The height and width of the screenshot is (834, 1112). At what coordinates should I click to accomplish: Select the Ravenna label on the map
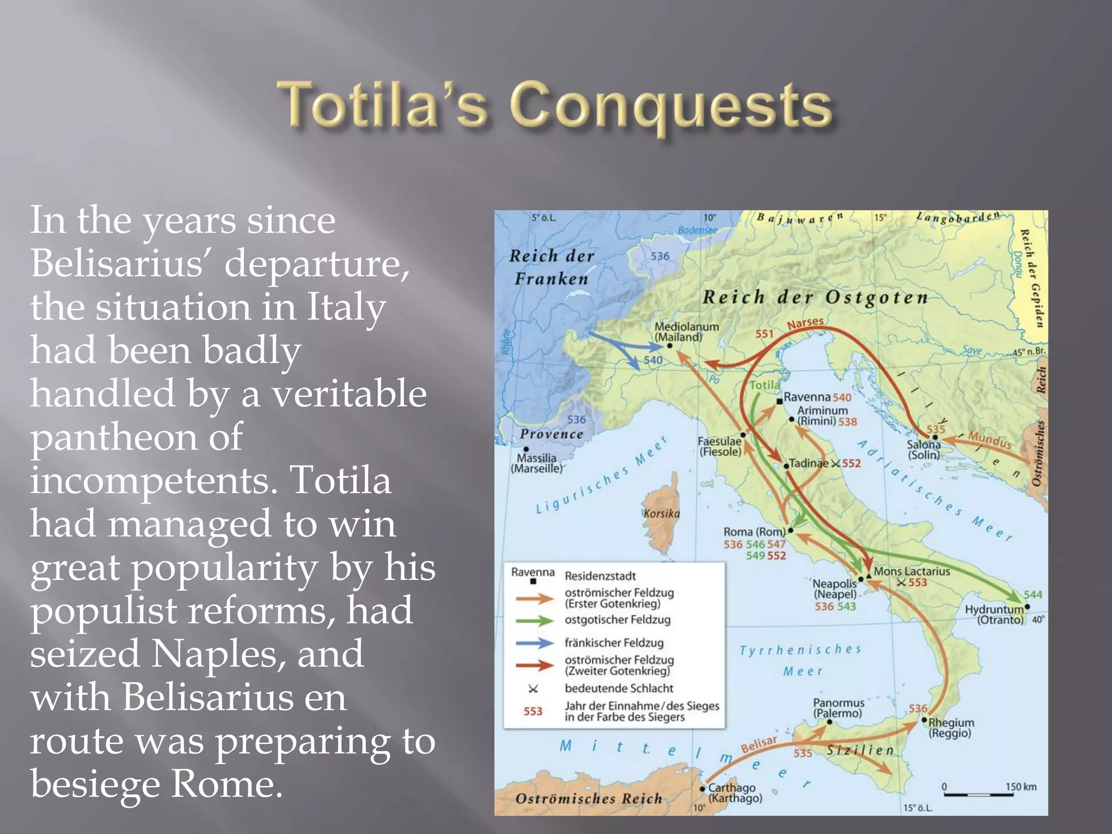806,397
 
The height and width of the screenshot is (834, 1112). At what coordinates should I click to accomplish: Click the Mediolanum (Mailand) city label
686,332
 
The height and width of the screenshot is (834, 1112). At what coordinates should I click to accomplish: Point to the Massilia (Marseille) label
536,463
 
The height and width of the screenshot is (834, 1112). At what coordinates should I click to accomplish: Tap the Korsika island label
661,514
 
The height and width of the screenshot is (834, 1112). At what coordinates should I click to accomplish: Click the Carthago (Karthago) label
734,793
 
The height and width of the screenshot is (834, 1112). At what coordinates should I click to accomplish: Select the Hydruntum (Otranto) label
994,615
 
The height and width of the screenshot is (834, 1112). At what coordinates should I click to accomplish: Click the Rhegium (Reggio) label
951,728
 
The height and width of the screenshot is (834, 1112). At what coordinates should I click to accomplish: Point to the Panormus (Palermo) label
838,708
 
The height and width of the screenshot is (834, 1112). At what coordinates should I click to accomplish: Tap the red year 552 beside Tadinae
851,464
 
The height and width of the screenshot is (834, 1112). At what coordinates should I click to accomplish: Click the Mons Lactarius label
912,572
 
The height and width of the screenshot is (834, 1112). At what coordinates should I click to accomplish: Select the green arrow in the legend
534,621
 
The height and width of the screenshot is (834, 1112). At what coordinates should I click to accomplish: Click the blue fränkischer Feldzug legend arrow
534,643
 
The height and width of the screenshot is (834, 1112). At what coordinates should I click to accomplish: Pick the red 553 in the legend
533,711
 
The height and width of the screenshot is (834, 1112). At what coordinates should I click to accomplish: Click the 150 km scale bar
978,794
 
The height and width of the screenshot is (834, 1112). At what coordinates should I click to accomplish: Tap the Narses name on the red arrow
805,324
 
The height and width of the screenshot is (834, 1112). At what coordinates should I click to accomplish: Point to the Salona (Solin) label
924,450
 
